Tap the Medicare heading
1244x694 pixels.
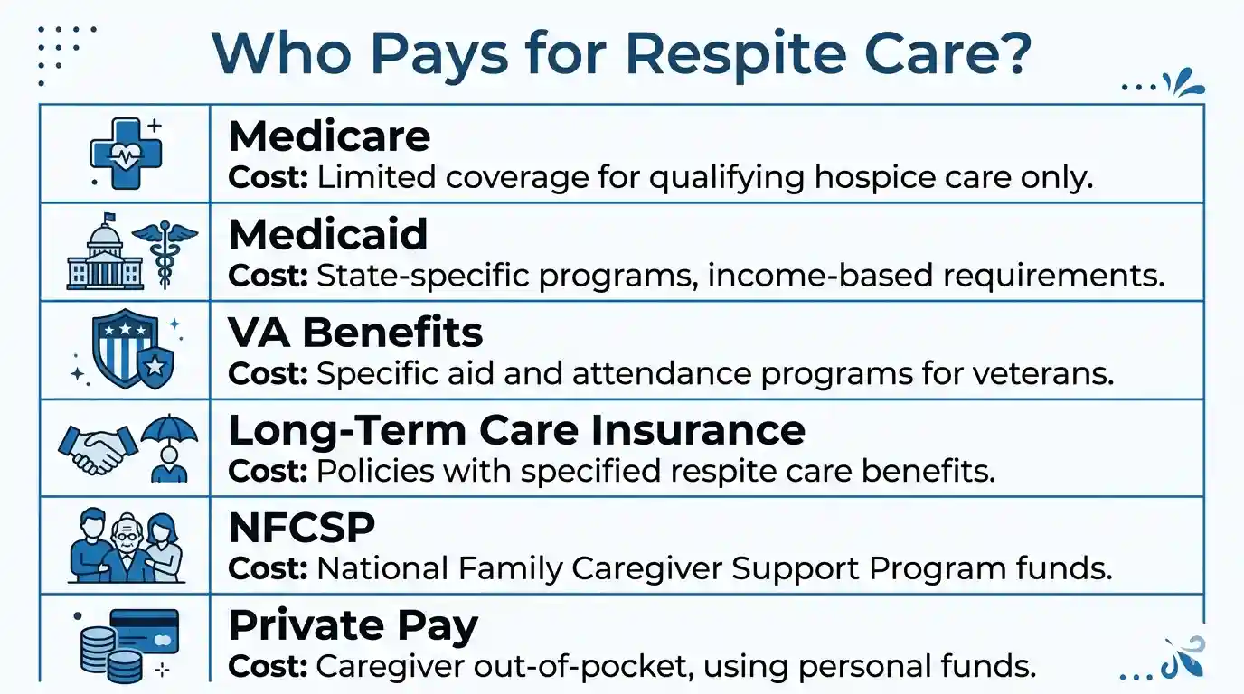pos(329,136)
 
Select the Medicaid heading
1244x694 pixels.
pos(328,235)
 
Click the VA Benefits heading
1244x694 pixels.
pos(355,333)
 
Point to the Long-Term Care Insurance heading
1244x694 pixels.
pos(516,430)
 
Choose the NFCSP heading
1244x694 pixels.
pos(301,529)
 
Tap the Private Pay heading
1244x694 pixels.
pos(353,626)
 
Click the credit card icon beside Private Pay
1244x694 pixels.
pos(146,633)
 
